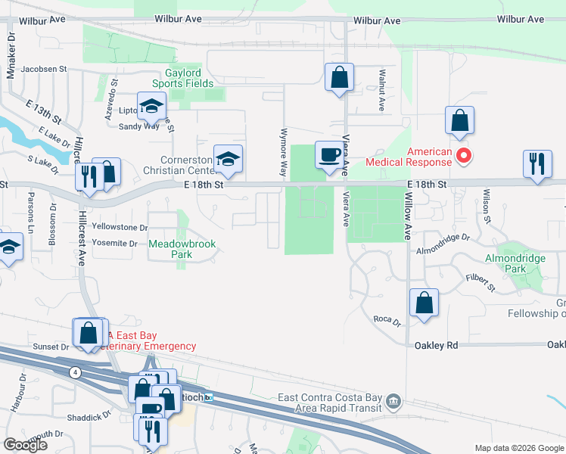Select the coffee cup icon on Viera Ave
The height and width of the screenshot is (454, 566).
[x=328, y=154]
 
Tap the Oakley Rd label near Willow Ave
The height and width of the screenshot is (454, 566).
[x=437, y=345]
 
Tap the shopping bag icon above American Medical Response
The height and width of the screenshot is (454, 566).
[x=459, y=120]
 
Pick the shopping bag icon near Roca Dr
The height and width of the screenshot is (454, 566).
[x=424, y=303]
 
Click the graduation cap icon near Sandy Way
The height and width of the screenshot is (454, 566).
[x=151, y=107]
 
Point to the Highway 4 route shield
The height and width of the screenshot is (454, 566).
[x=75, y=372]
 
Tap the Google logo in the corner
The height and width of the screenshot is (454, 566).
[x=25, y=445]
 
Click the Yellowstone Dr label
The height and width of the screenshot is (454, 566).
[x=119, y=227]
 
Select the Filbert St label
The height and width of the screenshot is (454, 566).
[x=480, y=283]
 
